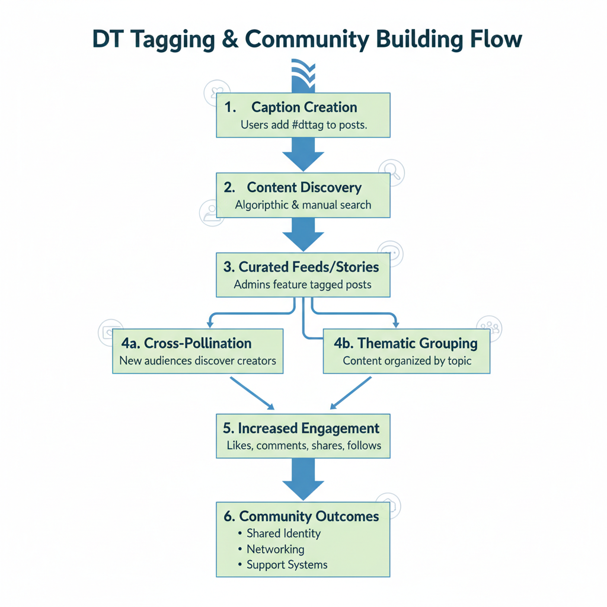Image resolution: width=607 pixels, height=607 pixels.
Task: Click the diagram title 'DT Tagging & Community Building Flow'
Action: [307, 39]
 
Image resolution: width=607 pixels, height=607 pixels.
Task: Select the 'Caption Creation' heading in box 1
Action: [303, 107]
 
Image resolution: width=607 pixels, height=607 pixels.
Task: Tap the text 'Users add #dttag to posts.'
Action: [303, 126]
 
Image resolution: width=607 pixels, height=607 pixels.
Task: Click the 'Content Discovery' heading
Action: [303, 187]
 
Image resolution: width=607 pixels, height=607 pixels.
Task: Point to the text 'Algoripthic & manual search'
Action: [303, 205]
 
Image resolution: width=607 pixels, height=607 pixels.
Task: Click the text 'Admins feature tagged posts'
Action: [302, 285]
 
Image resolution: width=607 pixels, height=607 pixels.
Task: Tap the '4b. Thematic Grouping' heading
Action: [407, 343]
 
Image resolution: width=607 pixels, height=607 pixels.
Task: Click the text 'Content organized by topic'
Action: [407, 360]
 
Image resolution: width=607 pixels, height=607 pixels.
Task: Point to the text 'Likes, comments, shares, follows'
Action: [303, 445]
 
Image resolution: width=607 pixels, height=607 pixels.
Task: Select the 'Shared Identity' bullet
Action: [283, 533]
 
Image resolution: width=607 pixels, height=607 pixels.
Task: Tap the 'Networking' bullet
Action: [276, 550]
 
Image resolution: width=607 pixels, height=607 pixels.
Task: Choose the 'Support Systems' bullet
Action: [287, 565]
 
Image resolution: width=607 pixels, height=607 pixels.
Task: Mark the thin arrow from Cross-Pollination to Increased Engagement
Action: [251, 392]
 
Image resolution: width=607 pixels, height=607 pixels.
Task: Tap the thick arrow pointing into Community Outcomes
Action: [303, 480]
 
